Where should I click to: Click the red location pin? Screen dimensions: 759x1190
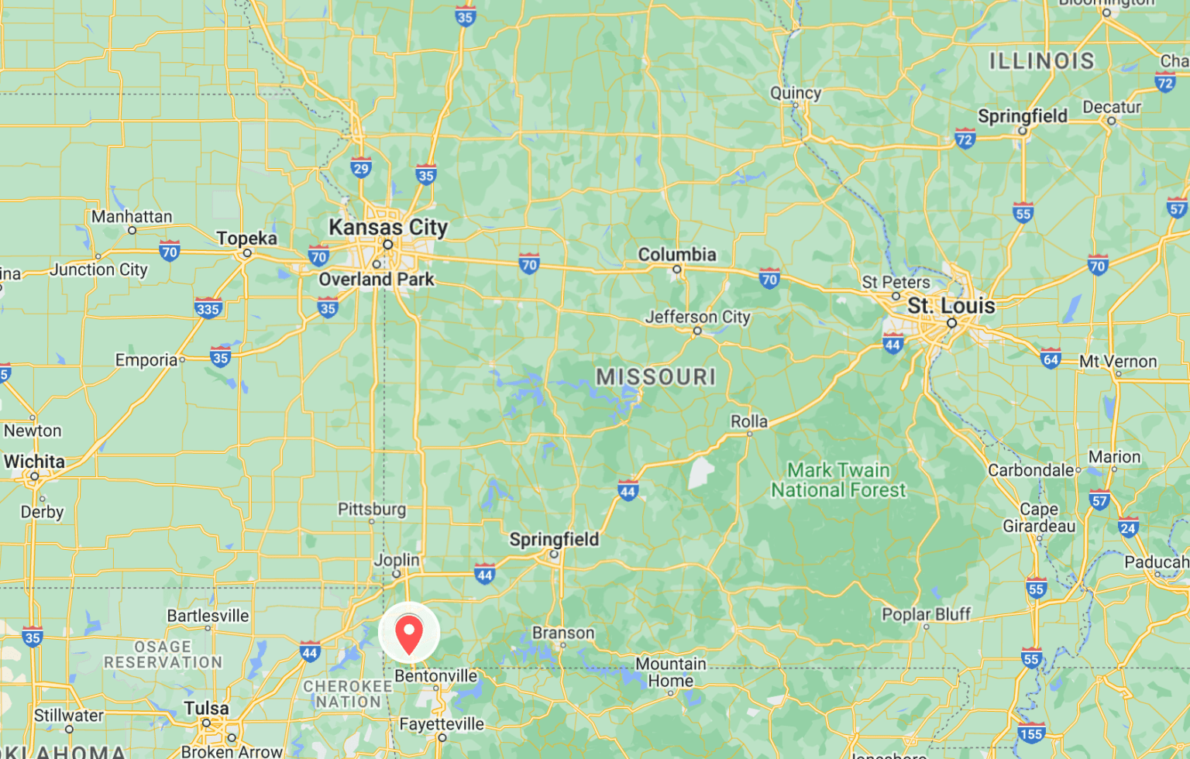pos(409,633)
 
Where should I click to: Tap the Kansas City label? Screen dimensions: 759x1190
pos(388,227)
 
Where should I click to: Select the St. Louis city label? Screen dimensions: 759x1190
pos(951,306)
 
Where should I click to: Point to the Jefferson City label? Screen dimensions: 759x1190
pos(697,317)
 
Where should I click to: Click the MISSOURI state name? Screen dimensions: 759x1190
pos(655,377)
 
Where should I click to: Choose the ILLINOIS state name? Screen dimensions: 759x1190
pos(1041,61)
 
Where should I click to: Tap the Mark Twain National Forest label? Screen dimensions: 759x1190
pos(838,480)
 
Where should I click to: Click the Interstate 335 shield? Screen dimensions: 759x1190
pos(208,308)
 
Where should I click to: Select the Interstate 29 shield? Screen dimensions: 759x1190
pos(361,167)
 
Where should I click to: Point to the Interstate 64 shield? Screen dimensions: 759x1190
pos(1051,358)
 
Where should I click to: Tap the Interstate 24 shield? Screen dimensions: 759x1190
pos(1128,528)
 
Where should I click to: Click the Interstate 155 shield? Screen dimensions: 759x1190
pos(1031,733)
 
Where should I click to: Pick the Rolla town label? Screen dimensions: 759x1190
pos(749,422)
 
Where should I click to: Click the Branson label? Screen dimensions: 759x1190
pos(563,633)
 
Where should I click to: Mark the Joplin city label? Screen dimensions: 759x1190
pos(397,560)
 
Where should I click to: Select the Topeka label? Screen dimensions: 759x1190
pos(246,239)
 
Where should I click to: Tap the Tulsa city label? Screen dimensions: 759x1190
pos(206,709)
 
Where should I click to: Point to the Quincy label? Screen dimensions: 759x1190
pos(796,93)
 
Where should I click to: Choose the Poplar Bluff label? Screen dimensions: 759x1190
pos(926,614)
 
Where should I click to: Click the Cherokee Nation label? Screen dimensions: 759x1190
pos(348,694)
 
